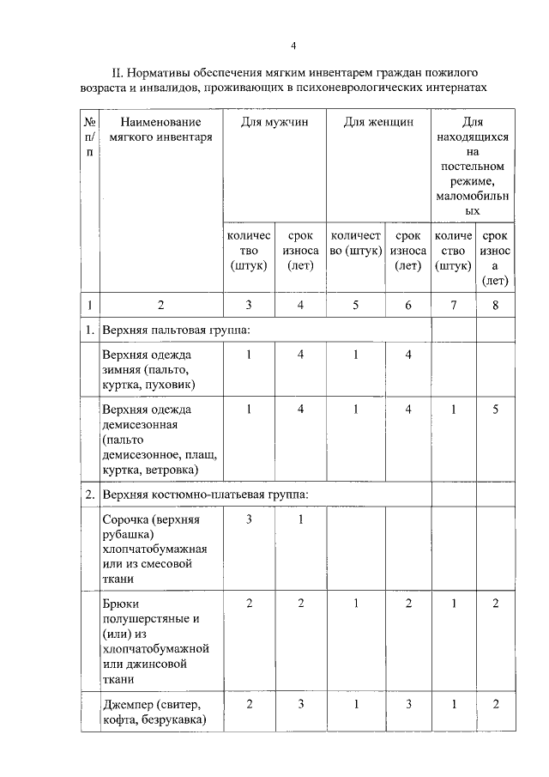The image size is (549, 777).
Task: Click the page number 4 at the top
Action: coord(293,45)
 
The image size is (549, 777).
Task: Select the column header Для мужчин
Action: coord(274,122)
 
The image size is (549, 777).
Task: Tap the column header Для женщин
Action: coord(378,122)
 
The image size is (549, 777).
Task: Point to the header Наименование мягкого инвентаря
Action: coord(160,129)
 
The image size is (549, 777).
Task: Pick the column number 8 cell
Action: coord(495,304)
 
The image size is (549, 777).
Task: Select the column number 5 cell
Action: coord(355,304)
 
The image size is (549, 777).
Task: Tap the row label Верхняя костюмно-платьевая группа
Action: coord(199,495)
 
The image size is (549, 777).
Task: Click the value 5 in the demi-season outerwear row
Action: coord(495,409)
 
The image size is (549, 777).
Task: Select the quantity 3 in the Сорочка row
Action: coord(249,519)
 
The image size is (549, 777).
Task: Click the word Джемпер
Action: coord(127,704)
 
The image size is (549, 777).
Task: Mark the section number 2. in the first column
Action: coord(89,495)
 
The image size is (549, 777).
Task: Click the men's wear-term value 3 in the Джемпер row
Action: coord(301,704)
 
